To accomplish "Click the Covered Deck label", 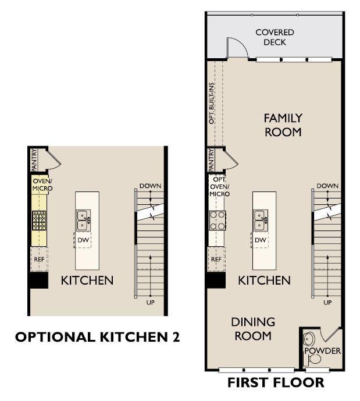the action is point(275,37).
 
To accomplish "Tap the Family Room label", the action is point(283,125).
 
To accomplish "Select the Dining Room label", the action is point(253,329).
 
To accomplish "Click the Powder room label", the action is point(323,350).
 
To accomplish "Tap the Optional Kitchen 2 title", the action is point(97,337).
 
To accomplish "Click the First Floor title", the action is point(276,382).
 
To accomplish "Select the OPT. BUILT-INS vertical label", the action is point(211,103).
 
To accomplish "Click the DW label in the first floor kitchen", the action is point(261,240).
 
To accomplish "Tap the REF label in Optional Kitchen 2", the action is point(39,260).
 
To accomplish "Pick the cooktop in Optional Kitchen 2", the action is point(39,221).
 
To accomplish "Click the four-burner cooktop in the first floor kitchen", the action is point(218,221).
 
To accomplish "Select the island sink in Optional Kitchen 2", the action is point(83,221).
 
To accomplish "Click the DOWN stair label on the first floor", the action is point(327,186).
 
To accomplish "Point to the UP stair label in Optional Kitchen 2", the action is point(150,303).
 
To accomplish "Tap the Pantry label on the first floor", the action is point(211,160).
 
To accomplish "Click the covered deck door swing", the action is point(238,48).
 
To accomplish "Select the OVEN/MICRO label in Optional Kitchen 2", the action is point(42,184).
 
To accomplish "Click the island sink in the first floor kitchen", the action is point(261,221).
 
